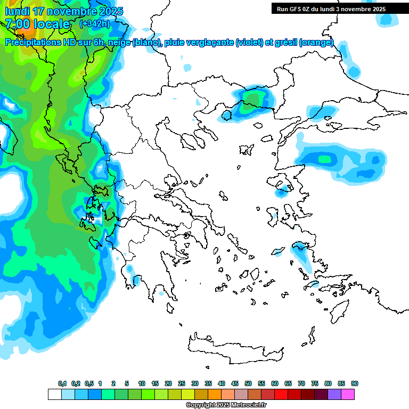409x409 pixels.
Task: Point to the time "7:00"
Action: pyautogui.click(x=18, y=24)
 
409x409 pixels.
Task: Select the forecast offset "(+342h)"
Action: pyautogui.click(x=94, y=24)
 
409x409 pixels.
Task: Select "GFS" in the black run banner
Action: pyautogui.click(x=296, y=9)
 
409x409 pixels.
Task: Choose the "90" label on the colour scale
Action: pyautogui.click(x=355, y=383)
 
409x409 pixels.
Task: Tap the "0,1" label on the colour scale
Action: pyautogui.click(x=62, y=383)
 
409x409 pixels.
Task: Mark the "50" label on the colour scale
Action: pyautogui.click(x=248, y=383)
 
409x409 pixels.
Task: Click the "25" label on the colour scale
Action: pyautogui.click(x=182, y=383)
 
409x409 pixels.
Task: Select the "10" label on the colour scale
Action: pyautogui.click(x=142, y=383)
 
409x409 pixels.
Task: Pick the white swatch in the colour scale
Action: pyautogui.click(x=54, y=394)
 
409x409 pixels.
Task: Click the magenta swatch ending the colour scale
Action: pyautogui.click(x=348, y=394)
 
